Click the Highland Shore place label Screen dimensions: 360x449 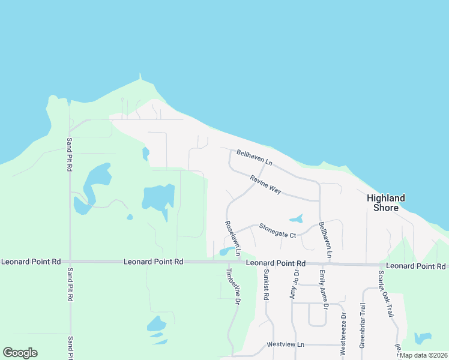pyautogui.click(x=386, y=203)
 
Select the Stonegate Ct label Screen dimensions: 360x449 pyautogui.click(x=277, y=230)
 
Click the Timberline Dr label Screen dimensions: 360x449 pyautogui.click(x=232, y=288)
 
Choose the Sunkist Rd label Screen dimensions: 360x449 pyautogui.click(x=266, y=284)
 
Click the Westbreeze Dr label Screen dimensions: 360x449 pyautogui.click(x=343, y=333)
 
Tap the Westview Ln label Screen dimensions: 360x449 pyautogui.click(x=286, y=345)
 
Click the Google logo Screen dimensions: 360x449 pyautogui.click(x=20, y=353)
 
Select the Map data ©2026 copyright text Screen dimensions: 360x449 pyautogui.click(x=423, y=355)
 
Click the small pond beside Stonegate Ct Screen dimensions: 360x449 pyautogui.click(x=296, y=218)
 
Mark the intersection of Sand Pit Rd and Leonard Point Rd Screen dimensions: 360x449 pyautogui.click(x=70, y=262)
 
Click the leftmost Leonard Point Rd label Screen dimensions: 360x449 pyautogui.click(x=31, y=262)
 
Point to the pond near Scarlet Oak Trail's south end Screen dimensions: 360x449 pyautogui.click(x=423, y=338)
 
